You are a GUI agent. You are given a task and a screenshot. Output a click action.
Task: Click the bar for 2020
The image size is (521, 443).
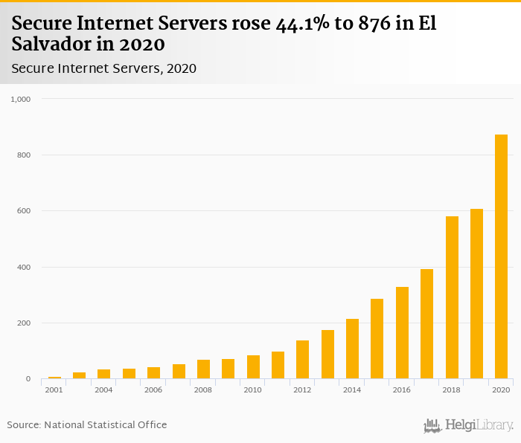[x=501, y=256]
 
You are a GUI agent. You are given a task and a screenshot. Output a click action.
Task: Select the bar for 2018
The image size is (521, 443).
[x=452, y=297]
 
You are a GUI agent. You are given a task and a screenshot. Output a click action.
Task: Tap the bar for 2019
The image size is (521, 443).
[x=476, y=294]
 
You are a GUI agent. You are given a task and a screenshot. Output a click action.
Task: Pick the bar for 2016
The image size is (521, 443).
[x=402, y=332]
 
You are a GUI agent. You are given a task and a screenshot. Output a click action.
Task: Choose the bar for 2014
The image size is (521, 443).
[x=352, y=349]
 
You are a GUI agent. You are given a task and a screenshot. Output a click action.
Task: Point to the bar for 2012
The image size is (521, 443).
[x=302, y=360]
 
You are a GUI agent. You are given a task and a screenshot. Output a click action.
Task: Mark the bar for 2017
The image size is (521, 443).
[x=426, y=324]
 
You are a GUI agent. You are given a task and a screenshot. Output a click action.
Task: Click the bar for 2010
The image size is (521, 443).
[x=253, y=367]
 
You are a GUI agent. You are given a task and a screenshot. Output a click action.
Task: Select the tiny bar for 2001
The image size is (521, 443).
[x=54, y=378]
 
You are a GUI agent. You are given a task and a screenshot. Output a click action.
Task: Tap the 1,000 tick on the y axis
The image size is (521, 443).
[x=20, y=99]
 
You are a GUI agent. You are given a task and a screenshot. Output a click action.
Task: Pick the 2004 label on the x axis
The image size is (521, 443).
[x=103, y=390]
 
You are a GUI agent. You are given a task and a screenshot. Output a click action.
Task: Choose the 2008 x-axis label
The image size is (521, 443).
[x=203, y=390]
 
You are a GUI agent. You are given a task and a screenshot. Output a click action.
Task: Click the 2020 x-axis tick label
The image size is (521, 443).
[x=501, y=390]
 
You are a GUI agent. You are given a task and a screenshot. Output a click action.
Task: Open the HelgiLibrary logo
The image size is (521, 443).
[x=468, y=425]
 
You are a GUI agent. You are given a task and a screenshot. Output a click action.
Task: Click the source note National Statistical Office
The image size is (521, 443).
[x=106, y=424]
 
